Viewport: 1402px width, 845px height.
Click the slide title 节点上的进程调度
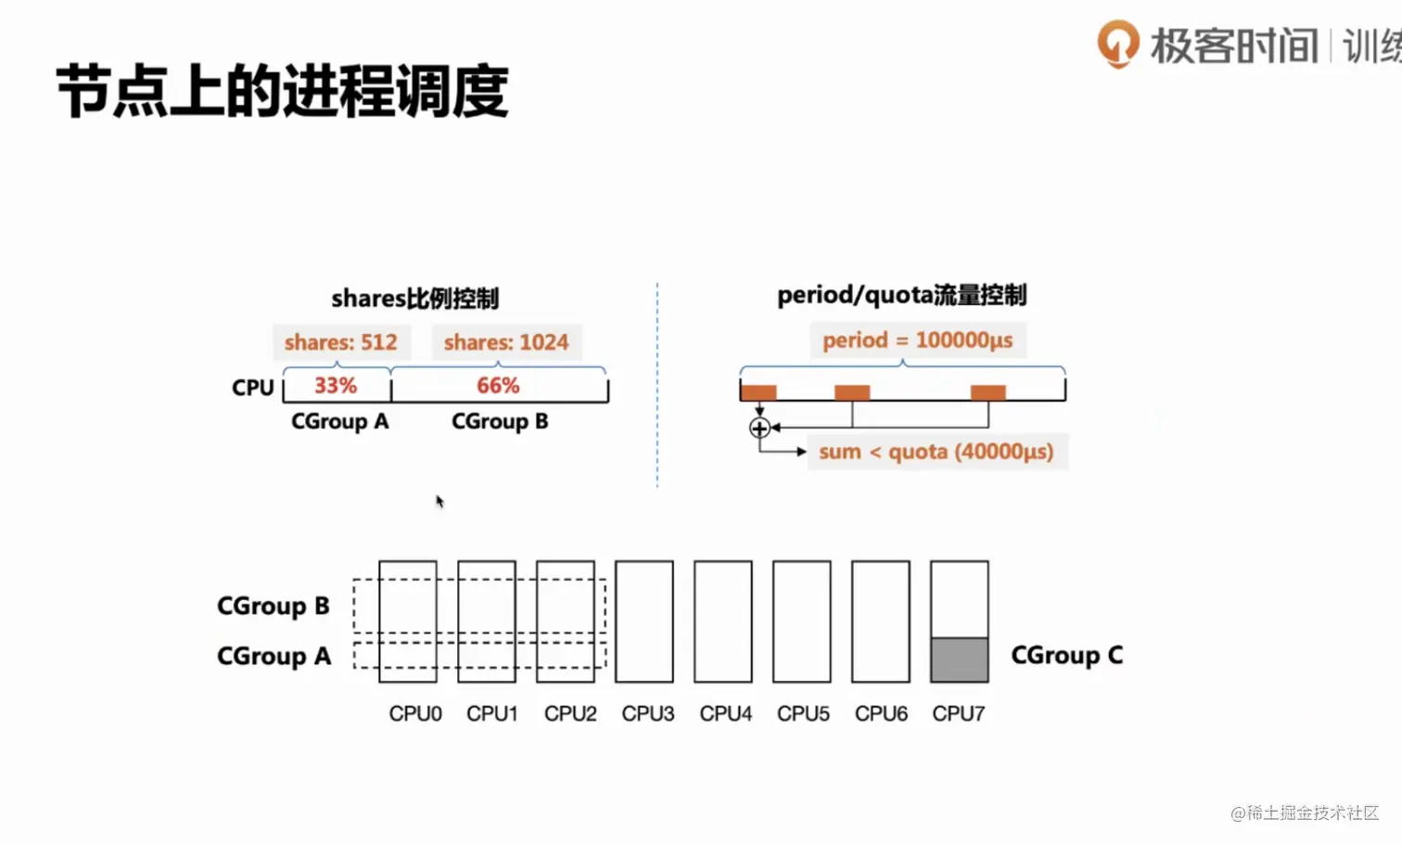(x=282, y=92)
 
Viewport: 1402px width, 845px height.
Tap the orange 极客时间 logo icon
(x=1118, y=44)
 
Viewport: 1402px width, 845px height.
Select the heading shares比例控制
(x=415, y=298)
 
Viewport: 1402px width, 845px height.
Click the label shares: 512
(x=341, y=341)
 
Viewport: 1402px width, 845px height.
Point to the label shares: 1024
(x=506, y=341)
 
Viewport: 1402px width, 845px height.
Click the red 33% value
(x=336, y=385)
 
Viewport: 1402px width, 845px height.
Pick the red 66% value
(x=498, y=385)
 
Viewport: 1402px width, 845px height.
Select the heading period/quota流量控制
(x=902, y=295)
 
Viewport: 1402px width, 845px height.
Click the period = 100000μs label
(x=918, y=339)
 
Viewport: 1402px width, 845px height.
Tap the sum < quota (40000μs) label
(x=937, y=452)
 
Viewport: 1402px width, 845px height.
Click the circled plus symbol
(x=759, y=429)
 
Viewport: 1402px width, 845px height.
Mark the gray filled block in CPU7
(x=960, y=659)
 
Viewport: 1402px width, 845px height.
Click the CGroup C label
(x=1067, y=655)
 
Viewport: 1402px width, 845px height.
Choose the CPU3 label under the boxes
(x=648, y=713)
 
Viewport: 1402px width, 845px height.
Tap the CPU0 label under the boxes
(x=415, y=713)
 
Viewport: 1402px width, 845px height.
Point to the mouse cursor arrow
(x=440, y=502)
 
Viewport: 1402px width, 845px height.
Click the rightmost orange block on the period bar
(x=988, y=392)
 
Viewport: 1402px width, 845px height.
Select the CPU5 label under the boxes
(x=803, y=713)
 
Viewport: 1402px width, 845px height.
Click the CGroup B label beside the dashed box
(x=274, y=606)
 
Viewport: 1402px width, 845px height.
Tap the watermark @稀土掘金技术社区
(x=1305, y=813)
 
